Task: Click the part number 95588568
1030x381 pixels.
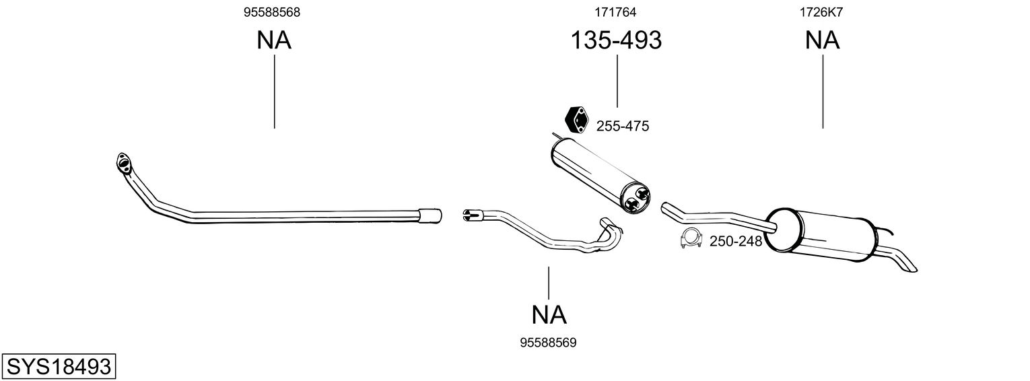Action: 273,12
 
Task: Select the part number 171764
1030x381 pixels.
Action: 615,12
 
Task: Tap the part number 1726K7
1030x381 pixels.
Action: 821,12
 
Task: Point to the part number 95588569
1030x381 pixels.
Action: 548,343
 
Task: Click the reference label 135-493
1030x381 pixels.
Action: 616,40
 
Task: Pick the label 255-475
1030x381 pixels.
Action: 623,126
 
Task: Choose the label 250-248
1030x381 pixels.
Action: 735,241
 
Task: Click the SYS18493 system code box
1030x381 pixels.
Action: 58,367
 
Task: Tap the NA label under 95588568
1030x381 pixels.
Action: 273,40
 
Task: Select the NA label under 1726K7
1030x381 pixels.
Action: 822,40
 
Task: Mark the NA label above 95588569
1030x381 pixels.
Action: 549,314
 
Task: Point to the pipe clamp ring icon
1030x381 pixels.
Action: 691,239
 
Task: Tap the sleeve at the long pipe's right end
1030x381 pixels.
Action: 430,215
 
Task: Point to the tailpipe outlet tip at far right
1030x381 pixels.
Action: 909,267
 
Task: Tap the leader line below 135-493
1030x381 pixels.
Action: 617,81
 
